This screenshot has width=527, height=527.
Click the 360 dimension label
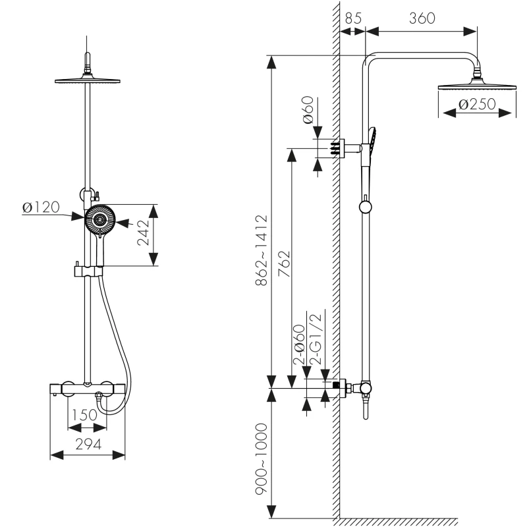[x=422, y=18]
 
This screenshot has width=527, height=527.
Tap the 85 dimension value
[x=353, y=18]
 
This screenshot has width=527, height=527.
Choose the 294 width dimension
[x=87, y=444]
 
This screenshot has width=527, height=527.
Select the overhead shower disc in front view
[x=87, y=80]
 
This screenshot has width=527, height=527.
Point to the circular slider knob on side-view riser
[x=365, y=208]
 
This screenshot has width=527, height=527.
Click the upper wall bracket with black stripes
[x=339, y=148]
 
